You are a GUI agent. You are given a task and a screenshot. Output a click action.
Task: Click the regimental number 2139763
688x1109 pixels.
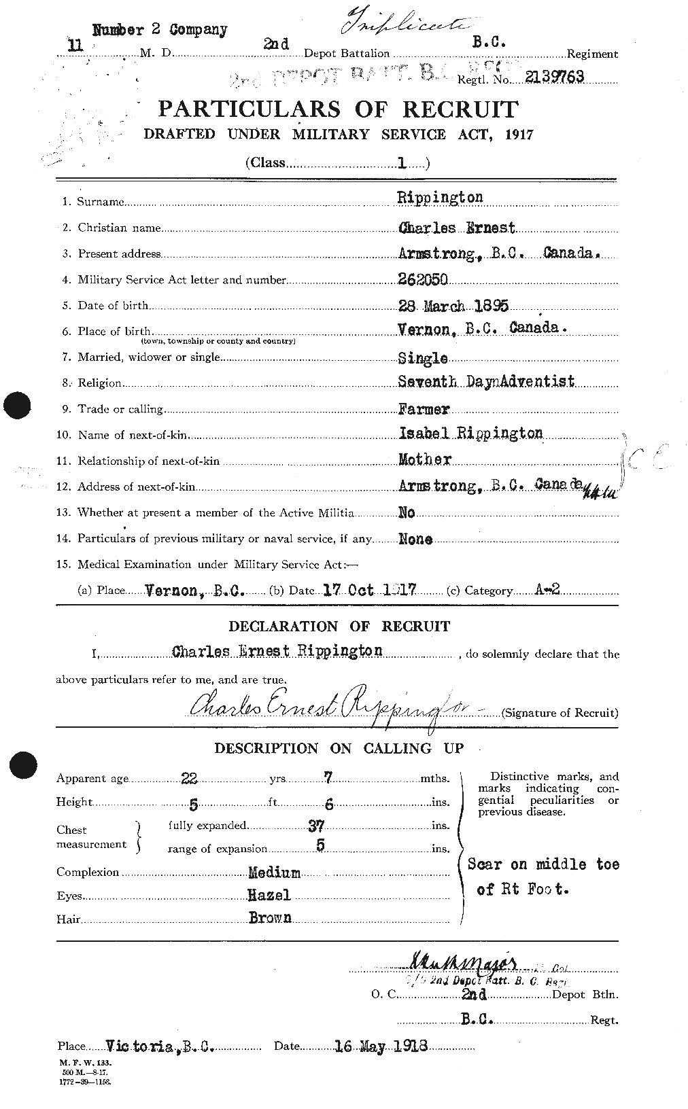click(x=554, y=77)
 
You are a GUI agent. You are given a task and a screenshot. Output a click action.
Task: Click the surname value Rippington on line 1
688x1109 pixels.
click(x=441, y=198)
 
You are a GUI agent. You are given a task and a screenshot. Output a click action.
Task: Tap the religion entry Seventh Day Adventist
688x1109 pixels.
click(x=486, y=382)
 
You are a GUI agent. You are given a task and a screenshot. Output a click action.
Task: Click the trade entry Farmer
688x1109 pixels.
click(x=424, y=409)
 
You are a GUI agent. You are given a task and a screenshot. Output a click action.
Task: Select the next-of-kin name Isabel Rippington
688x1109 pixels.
click(x=470, y=434)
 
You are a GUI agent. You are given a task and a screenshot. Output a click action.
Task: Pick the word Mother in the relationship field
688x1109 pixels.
click(x=426, y=460)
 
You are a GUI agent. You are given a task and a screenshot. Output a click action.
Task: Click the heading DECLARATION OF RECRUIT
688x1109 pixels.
click(x=339, y=626)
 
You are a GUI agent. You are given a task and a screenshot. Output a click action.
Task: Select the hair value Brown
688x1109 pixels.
click(x=270, y=918)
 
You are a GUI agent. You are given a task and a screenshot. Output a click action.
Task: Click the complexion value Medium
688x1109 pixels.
click(x=274, y=873)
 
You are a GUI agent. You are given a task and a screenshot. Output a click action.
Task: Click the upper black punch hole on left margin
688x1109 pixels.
click(x=17, y=406)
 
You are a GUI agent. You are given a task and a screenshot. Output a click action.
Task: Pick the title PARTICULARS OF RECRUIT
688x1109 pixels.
click(x=338, y=109)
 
